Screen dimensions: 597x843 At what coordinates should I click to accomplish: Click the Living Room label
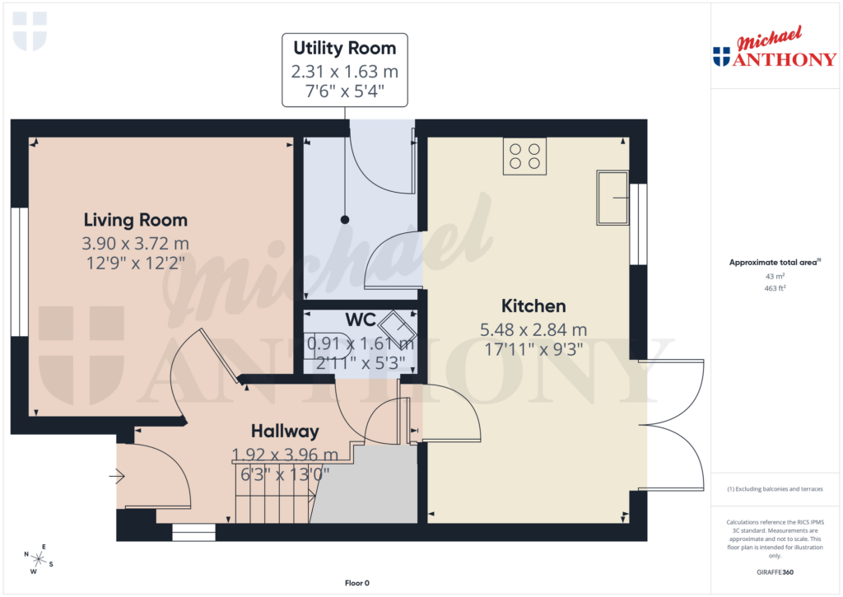tap(135, 220)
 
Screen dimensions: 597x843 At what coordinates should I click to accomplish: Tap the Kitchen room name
tap(534, 306)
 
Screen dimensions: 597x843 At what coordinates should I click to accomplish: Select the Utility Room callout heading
tap(345, 48)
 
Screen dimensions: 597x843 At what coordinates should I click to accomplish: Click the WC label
tap(360, 319)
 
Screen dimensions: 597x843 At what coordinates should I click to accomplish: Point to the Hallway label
tap(285, 431)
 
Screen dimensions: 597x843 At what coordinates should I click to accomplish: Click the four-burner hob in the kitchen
tap(524, 156)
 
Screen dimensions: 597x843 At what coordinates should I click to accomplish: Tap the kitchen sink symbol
tap(612, 198)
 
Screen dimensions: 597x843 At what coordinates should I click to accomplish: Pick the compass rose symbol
tap(38, 559)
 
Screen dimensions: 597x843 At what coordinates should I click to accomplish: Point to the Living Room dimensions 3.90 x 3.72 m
tap(135, 244)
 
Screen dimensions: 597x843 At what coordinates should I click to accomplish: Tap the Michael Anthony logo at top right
tap(775, 49)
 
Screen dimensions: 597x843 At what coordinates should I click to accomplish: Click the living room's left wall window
tap(20, 272)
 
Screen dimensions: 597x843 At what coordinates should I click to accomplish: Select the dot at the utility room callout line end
tap(345, 219)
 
